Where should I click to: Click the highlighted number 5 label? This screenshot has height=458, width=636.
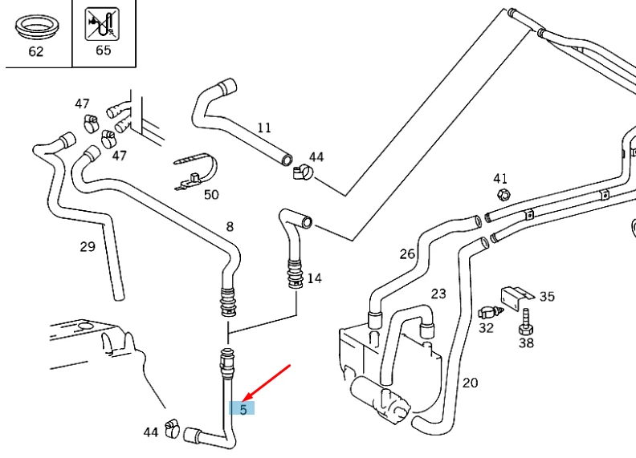pyautogui.click(x=243, y=408)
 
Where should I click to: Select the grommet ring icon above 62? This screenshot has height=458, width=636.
pyautogui.click(x=35, y=28)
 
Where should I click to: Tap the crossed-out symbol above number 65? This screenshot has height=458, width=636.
pyautogui.click(x=103, y=25)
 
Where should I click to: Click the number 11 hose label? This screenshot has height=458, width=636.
pyautogui.click(x=264, y=128)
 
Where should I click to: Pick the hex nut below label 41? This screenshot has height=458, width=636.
pyautogui.click(x=503, y=195)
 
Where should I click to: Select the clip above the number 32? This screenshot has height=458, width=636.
pyautogui.click(x=487, y=311)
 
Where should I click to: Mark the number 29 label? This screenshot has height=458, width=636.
pyautogui.click(x=88, y=246)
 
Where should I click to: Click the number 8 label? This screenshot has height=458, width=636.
pyautogui.click(x=230, y=227)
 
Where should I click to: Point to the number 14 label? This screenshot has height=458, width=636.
pyautogui.click(x=314, y=278)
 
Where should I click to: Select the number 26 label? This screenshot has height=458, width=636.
pyautogui.click(x=407, y=254)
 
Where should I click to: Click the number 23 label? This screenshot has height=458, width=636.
pyautogui.click(x=438, y=294)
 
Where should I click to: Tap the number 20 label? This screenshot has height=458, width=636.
pyautogui.click(x=470, y=383)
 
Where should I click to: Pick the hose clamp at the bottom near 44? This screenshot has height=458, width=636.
pyautogui.click(x=171, y=429)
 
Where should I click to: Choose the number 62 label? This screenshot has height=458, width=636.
pyautogui.click(x=35, y=52)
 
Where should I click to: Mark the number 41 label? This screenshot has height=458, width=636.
pyautogui.click(x=500, y=178)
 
